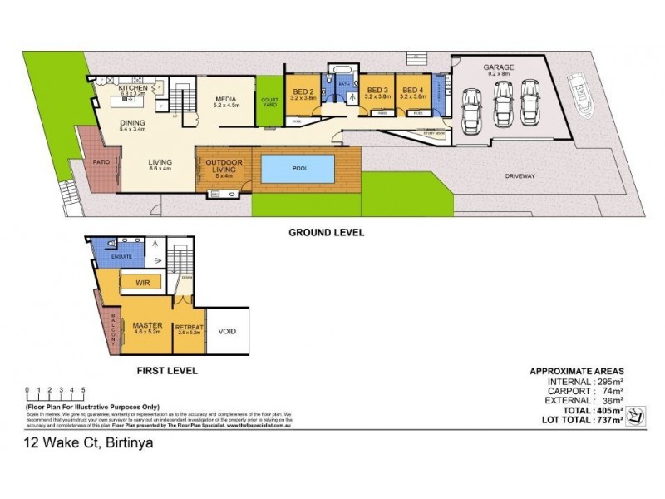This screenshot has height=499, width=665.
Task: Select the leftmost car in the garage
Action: pos(470,108)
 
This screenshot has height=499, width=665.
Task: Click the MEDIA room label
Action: pos(226,98)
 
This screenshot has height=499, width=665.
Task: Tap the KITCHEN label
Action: pos(132,87)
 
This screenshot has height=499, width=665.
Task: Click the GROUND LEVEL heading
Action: pos(326,233)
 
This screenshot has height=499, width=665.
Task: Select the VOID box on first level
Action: pos(227,331)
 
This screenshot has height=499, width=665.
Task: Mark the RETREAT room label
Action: pos(189,328)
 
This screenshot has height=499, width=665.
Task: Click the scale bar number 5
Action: pos(83,389)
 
